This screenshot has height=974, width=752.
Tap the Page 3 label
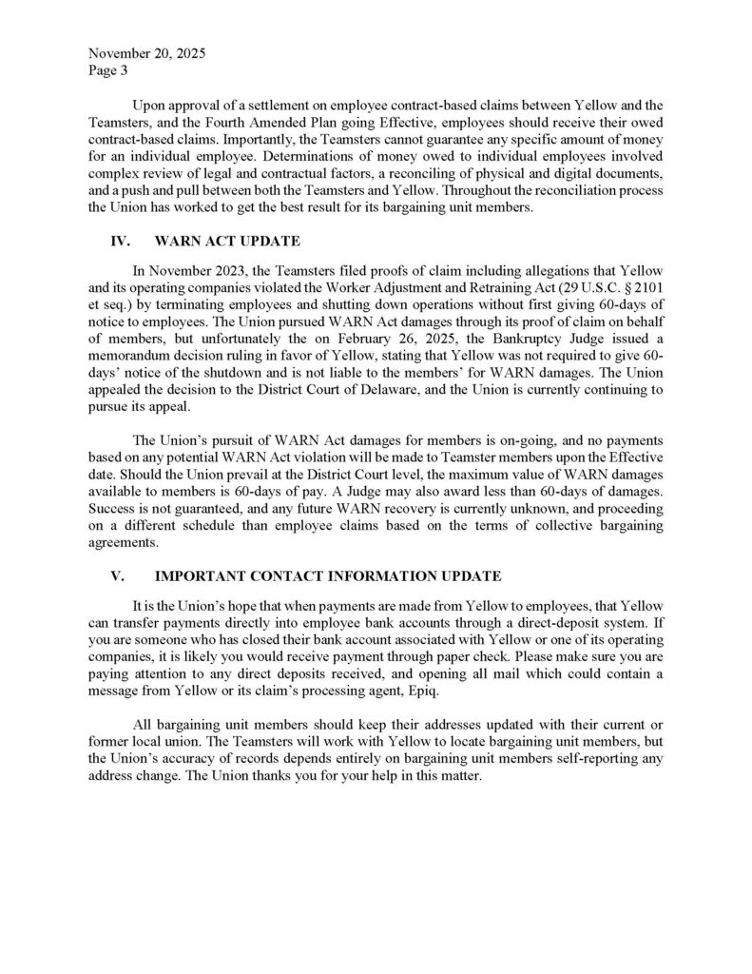[x=106, y=69]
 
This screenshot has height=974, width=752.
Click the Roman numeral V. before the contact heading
[x=120, y=576]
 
